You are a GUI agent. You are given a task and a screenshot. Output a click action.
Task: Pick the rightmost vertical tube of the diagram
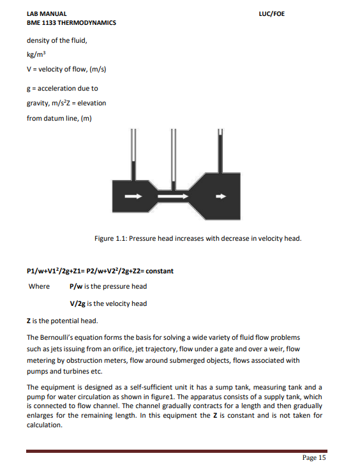pyautogui.click(x=220, y=150)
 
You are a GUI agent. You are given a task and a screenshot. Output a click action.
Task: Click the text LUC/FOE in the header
pyautogui.click(x=273, y=13)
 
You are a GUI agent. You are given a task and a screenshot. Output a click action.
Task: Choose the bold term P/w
pyautogui.click(x=77, y=286)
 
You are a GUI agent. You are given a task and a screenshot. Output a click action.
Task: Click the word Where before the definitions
pyautogui.click(x=39, y=286)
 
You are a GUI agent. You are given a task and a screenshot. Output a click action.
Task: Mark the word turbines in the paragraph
pyautogui.click(x=74, y=371)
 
